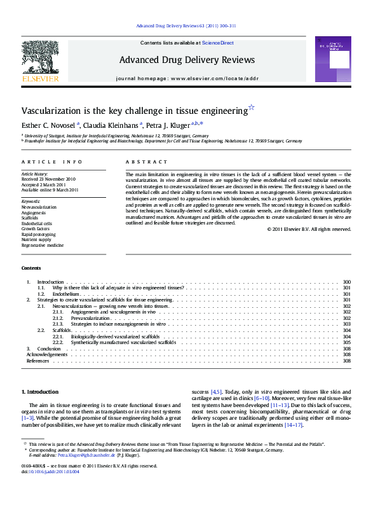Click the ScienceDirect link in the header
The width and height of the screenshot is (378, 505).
pos(217,43)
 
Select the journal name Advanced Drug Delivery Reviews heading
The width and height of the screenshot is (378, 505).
pos(187,60)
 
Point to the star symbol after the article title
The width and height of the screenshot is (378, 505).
pos(252,107)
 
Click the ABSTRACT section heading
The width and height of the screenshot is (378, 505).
pos(147,162)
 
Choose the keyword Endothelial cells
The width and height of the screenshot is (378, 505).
pos(37,223)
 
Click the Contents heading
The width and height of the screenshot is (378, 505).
pos(31,268)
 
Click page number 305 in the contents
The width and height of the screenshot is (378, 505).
pos(346,343)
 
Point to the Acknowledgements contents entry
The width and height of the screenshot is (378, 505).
pos(48,355)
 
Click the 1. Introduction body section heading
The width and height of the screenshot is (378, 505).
pos(40,392)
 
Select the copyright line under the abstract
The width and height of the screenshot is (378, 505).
pos(309,229)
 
